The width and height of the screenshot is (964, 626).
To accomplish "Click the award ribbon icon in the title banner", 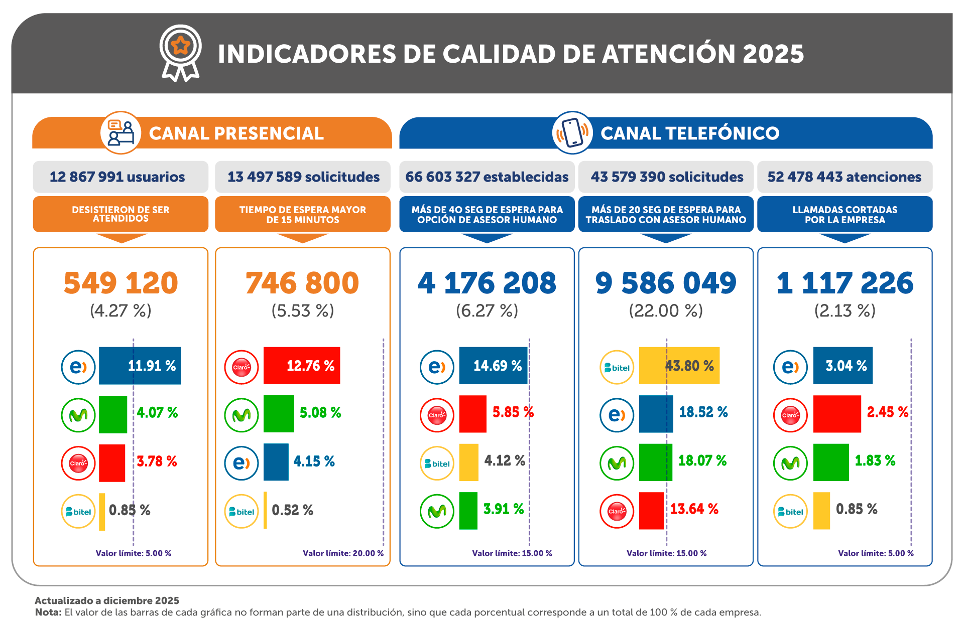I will tap(181, 52).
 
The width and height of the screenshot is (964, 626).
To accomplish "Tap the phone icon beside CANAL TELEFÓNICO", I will tap(572, 132).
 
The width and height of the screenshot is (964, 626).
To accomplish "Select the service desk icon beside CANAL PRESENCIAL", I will tap(121, 132).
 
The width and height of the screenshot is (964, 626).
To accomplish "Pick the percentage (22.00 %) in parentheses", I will tap(666, 311).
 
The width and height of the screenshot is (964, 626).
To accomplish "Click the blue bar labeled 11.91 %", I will tap(140, 366).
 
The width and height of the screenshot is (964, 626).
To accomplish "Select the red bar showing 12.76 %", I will tap(301, 366).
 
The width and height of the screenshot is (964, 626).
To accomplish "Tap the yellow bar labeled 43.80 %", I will tap(679, 366).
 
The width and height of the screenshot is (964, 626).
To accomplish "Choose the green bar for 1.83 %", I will tap(831, 462).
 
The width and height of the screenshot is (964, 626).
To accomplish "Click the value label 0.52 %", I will tap(292, 510).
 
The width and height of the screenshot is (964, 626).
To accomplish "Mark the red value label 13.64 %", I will tap(694, 509).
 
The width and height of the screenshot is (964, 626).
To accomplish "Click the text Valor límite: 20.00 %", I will tap(343, 553).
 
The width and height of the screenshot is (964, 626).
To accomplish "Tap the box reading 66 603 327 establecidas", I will tap(487, 177).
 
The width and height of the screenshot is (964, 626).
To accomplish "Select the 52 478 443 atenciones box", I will tap(845, 177).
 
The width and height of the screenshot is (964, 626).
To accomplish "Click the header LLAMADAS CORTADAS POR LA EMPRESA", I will tap(845, 214).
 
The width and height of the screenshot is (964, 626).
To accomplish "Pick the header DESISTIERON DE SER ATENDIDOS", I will tap(120, 214).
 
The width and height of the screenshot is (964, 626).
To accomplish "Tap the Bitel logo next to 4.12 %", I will tap(437, 463).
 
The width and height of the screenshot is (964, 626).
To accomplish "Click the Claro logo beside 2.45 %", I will tap(790, 415).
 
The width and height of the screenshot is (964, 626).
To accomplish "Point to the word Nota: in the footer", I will tap(48, 612).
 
